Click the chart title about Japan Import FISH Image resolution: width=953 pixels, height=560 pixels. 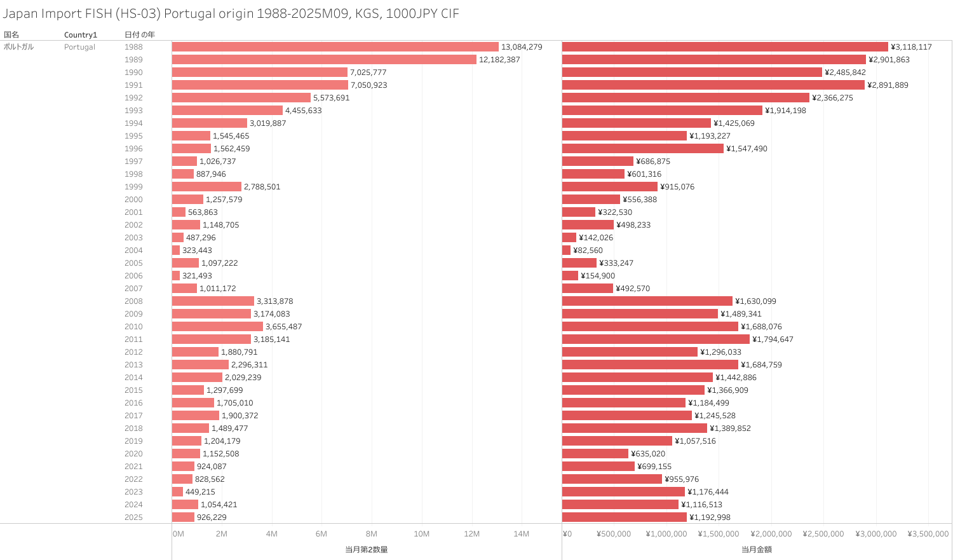click(231, 14)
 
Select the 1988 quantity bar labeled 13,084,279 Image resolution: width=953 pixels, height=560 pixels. click(335, 47)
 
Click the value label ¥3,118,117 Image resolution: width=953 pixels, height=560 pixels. click(911, 47)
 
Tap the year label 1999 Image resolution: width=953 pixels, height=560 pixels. click(133, 187)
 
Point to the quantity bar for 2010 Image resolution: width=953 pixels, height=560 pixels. click(217, 327)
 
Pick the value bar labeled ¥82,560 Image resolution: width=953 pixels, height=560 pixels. click(566, 250)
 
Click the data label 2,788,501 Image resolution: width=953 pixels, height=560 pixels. click(262, 187)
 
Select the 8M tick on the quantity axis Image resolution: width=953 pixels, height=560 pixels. click(372, 534)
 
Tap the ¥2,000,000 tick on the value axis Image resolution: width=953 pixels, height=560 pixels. click(771, 534)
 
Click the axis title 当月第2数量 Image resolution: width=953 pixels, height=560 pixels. click(367, 550)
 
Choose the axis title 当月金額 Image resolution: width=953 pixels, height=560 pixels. click(756, 550)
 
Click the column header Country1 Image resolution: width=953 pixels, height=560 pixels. click(81, 35)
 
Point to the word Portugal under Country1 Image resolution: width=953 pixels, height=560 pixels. click(79, 47)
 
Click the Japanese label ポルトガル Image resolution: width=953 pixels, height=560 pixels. click(18, 47)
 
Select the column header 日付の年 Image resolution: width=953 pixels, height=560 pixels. click(139, 35)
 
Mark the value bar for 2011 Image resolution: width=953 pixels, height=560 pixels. click(656, 339)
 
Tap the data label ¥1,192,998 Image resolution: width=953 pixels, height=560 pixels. click(710, 517)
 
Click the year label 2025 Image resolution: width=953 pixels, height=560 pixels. click(133, 517)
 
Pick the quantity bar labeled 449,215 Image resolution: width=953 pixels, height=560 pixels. click(177, 492)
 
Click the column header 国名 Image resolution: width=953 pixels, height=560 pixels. click(11, 35)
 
